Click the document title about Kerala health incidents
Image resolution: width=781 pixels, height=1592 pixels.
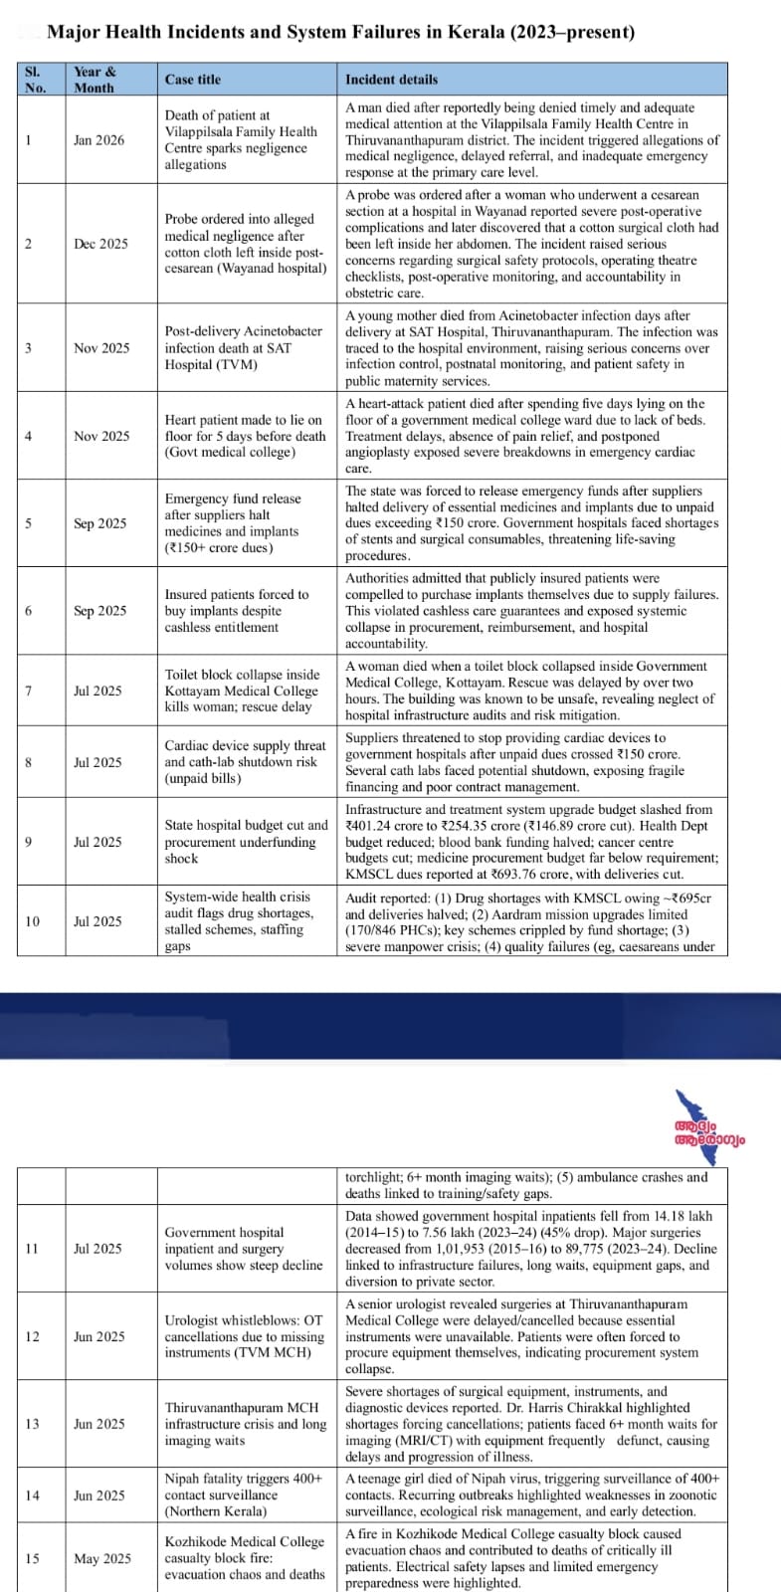pyautogui.click(x=340, y=32)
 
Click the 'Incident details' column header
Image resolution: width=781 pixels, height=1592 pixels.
pyautogui.click(x=391, y=80)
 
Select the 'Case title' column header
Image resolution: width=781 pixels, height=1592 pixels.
pyautogui.click(x=193, y=80)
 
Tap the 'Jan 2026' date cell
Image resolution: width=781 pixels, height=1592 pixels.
pyautogui.click(x=99, y=140)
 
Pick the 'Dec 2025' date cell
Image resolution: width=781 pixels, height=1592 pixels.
pyautogui.click(x=100, y=244)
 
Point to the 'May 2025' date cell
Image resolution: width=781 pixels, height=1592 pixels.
pyautogui.click(x=101, y=1558)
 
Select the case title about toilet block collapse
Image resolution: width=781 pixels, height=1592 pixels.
pyautogui.click(x=242, y=691)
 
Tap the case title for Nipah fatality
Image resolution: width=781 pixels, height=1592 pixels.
pyautogui.click(x=243, y=1494)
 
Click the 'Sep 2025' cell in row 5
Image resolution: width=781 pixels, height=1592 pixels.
pyautogui.click(x=100, y=523)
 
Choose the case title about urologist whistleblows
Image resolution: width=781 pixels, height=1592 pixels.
pyautogui.click(x=244, y=1336)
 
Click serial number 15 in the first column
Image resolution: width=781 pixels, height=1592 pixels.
pyautogui.click(x=32, y=1558)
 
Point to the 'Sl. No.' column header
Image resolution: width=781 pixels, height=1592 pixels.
pyautogui.click(x=35, y=80)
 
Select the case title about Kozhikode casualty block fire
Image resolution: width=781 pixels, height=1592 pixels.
pyautogui.click(x=244, y=1558)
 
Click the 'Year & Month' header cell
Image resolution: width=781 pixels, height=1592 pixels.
pyautogui.click(x=95, y=80)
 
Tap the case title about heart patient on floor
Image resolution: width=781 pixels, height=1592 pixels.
pyautogui.click(x=244, y=436)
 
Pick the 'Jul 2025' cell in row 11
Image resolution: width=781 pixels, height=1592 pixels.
pyautogui.click(x=98, y=1249)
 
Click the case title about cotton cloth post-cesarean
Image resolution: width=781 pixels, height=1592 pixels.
pyautogui.click(x=245, y=244)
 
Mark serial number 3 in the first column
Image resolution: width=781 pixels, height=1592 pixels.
pyautogui.click(x=29, y=348)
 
